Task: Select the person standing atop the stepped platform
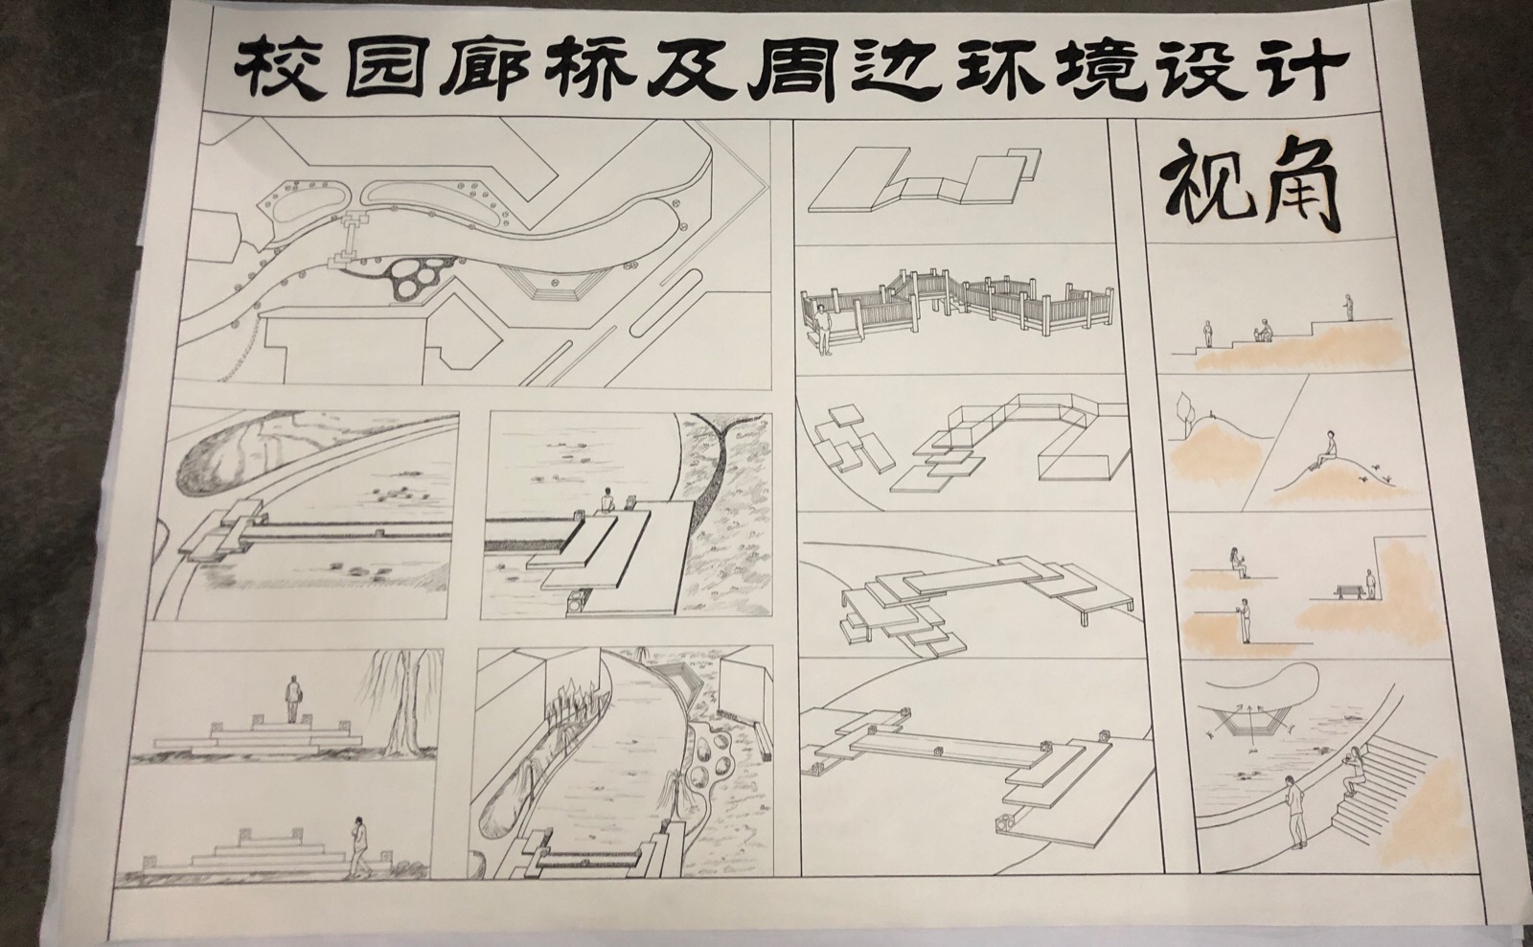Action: point(292,699)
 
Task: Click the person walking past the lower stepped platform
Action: point(360,846)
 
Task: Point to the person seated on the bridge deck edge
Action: point(606,501)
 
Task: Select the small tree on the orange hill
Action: point(1183,413)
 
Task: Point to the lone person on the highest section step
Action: point(1348,308)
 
